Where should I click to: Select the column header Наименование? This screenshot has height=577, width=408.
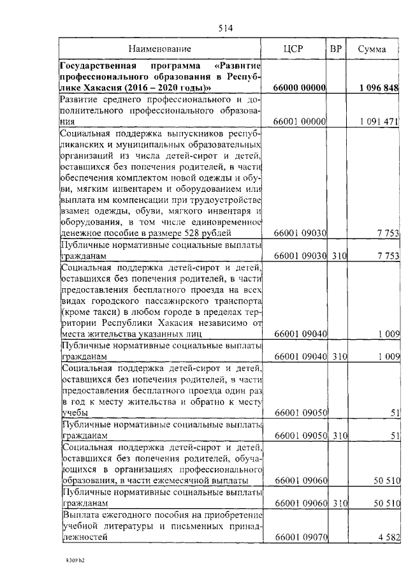click(159, 48)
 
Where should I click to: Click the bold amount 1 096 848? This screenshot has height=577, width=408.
click(378, 87)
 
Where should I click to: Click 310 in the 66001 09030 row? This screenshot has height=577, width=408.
click(338, 255)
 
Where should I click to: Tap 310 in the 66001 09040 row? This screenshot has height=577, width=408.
click(338, 356)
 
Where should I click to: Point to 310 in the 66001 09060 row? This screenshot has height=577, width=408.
click(338, 503)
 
